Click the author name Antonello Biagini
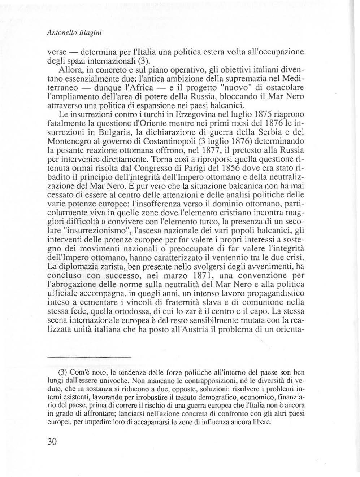pos(74,32)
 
